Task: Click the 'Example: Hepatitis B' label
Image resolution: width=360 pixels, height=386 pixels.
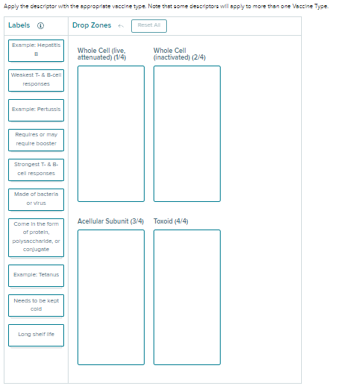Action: (36, 51)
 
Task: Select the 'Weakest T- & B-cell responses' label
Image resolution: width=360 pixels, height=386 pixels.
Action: (36, 80)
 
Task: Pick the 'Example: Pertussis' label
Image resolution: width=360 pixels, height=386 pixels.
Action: (36, 110)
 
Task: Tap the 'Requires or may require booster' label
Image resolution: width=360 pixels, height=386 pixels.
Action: (36, 140)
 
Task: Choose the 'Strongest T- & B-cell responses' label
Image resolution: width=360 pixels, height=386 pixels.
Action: (36, 170)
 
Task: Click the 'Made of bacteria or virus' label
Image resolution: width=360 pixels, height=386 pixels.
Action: (36, 200)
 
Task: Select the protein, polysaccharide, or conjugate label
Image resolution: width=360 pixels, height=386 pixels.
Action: (36, 238)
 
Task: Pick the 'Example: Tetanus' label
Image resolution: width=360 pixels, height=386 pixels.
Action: (36, 276)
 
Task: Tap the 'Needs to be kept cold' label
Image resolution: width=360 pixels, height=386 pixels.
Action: (36, 306)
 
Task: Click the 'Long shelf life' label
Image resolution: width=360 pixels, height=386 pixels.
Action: (36, 335)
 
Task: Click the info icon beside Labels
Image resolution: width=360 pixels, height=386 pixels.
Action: (40, 25)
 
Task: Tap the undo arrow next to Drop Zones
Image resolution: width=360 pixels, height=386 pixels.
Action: (121, 26)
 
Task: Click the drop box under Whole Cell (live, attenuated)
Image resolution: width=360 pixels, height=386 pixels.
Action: (111, 133)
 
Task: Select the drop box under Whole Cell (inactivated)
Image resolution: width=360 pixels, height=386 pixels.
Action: (187, 133)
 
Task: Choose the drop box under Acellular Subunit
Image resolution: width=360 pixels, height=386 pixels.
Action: (111, 297)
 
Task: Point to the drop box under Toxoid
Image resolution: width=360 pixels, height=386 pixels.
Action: (187, 297)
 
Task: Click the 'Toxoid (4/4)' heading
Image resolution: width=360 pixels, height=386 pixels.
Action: (171, 221)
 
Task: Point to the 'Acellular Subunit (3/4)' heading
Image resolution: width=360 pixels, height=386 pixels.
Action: (110, 221)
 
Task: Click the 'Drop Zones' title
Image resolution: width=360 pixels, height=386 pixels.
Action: (92, 25)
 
